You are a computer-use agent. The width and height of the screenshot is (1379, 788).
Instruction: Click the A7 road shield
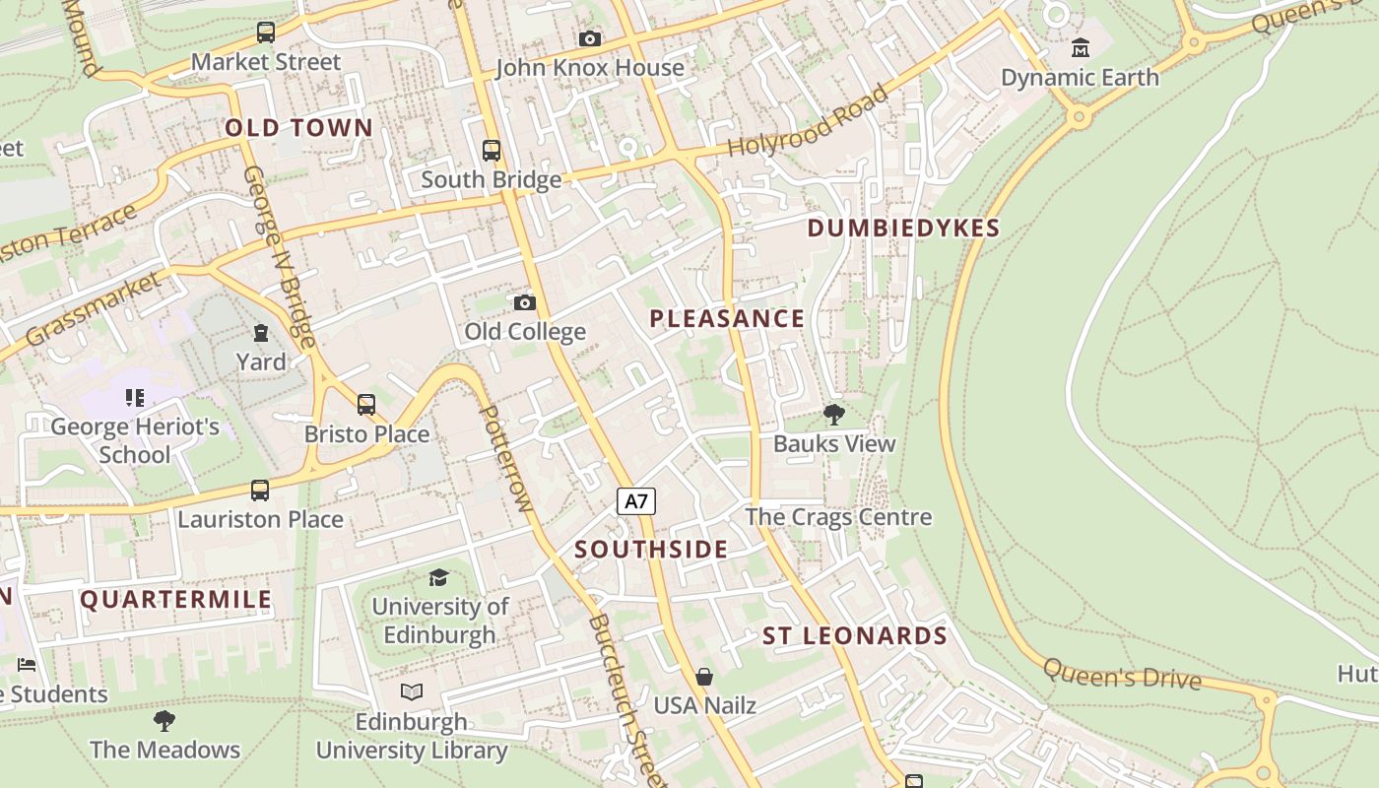(x=636, y=501)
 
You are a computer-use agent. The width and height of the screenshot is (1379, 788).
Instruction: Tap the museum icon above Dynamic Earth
(x=1081, y=47)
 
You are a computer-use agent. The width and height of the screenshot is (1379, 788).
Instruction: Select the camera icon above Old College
(x=525, y=302)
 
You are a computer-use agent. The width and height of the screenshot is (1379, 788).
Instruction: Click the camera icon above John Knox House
(x=590, y=38)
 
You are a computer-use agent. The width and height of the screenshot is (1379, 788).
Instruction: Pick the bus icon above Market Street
(x=266, y=33)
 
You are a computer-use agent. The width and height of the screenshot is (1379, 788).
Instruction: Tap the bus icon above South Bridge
(x=492, y=151)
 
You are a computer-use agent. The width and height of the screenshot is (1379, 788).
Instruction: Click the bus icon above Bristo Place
(x=366, y=404)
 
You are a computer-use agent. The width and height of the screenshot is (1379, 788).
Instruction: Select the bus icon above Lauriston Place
(x=260, y=490)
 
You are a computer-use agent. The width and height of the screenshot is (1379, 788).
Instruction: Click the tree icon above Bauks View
(x=834, y=415)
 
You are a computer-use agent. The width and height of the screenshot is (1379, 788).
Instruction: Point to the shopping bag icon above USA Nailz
(x=704, y=677)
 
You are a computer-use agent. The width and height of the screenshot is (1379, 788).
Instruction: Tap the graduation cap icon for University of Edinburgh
(x=439, y=577)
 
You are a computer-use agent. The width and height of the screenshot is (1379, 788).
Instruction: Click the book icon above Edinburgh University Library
(x=412, y=692)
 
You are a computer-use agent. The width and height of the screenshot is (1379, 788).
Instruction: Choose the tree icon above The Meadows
(x=164, y=720)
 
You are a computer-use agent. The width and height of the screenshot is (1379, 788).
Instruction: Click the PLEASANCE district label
(x=727, y=318)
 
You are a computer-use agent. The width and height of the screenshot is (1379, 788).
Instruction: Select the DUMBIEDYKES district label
(x=903, y=229)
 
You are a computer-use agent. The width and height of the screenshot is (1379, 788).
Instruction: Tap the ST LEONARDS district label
(x=855, y=636)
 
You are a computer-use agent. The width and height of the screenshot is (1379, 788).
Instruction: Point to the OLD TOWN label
(x=299, y=128)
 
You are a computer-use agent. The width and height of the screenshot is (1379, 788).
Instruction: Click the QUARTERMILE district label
(x=175, y=600)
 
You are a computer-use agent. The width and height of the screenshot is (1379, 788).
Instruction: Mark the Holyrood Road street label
(x=808, y=122)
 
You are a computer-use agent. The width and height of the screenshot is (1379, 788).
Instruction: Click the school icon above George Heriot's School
(x=135, y=398)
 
